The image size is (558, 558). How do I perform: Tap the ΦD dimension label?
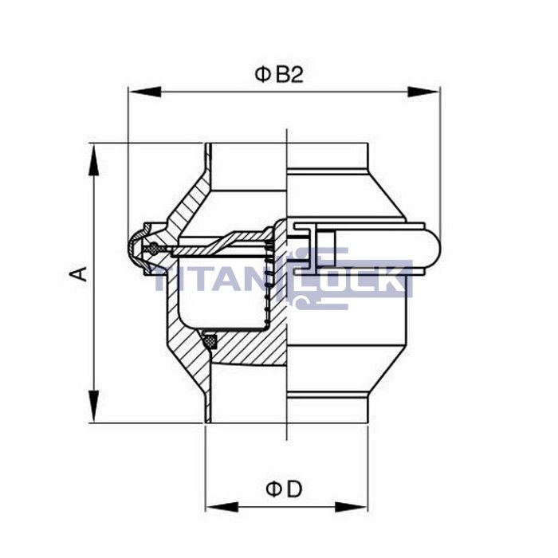click(284, 489)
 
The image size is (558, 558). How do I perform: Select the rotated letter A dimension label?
click(78, 273)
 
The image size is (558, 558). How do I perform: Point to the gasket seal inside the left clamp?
click(150, 250)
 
